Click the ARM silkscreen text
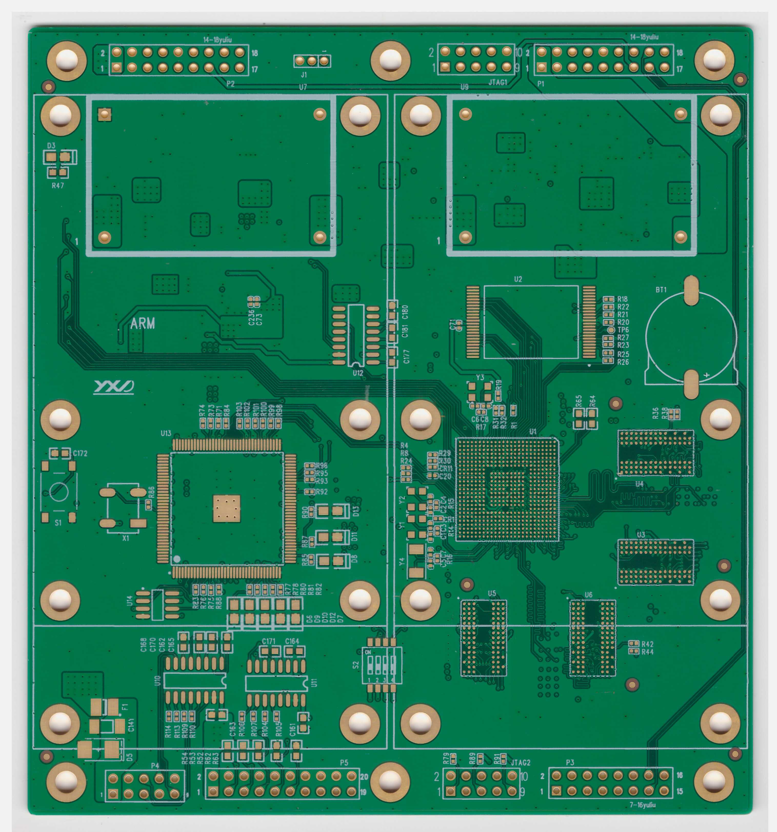point(142,323)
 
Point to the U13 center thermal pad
point(226,509)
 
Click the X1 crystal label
point(126,539)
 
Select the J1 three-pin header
point(312,61)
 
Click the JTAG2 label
point(520,763)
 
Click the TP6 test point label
point(623,330)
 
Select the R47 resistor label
point(58,185)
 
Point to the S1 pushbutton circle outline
point(59,492)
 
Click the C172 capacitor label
point(80,453)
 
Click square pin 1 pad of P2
point(117,67)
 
